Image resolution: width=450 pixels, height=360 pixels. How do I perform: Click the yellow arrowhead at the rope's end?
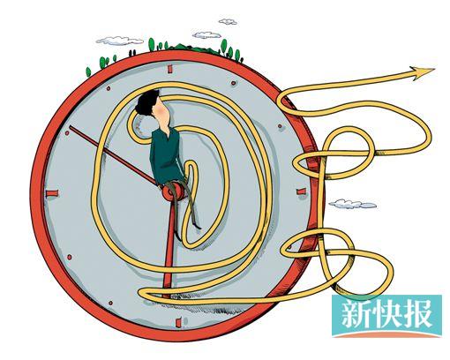pos(423,73)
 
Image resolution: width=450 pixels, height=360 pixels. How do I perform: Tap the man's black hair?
pos(147,102)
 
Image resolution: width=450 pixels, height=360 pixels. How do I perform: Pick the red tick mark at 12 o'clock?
pos(169,69)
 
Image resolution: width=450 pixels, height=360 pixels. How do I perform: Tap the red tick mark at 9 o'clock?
pos(52,193)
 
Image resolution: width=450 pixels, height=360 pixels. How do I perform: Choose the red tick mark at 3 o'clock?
pos(302,192)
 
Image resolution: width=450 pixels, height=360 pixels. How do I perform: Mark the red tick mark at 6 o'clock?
pos(178,322)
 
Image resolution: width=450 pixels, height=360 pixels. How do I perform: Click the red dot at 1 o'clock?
pos(234,83)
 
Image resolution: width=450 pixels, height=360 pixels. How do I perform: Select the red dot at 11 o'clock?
pos(109,88)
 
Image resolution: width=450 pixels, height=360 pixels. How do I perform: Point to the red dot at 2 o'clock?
pos(280,126)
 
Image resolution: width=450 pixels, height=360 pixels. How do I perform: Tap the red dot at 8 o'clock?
pos(70,258)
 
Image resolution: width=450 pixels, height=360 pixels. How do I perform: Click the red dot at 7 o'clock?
pos(110,303)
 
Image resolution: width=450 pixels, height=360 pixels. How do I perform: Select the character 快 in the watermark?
pos(385,314)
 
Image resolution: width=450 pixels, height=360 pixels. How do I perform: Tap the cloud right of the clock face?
pos(352,204)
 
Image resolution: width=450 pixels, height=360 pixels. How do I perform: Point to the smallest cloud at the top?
pos(228,21)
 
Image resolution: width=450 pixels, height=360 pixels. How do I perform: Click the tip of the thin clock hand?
pos(70,127)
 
